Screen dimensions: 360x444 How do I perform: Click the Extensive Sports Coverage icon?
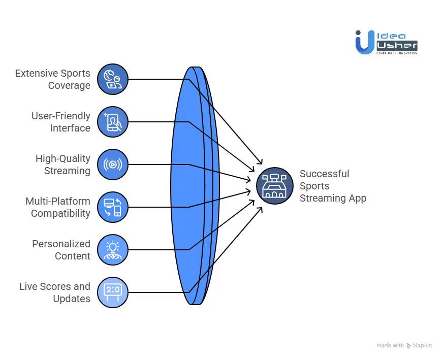112,80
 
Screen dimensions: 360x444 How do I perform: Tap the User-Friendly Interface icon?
112,122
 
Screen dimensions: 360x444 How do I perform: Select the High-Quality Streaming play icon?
112,165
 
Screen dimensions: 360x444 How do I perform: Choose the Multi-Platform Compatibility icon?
112,207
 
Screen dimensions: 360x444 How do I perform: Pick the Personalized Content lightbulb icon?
112,250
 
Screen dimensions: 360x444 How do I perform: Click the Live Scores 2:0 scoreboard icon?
112,292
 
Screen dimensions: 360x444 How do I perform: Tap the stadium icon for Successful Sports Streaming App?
274,186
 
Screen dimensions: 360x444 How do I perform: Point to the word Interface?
70,128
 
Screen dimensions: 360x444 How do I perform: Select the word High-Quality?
63,158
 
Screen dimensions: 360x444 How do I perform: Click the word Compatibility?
60,214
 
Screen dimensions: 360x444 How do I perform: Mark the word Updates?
72,299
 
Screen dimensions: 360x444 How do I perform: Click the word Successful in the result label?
324,174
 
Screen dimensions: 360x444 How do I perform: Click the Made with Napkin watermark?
404,346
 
